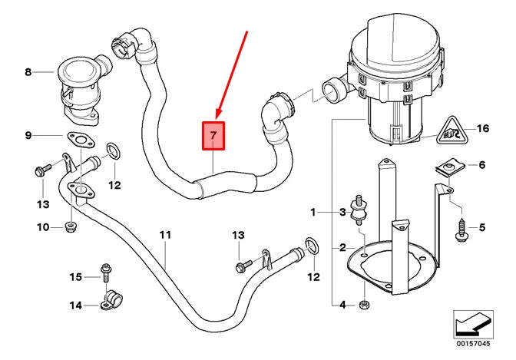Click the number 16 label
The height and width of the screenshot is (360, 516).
click(x=482, y=129)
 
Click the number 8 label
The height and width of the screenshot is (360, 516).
click(x=28, y=73)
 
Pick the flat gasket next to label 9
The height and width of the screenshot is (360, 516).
click(x=77, y=141)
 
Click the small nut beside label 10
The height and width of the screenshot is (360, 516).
click(x=71, y=226)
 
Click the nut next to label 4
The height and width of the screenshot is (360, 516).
click(x=365, y=305)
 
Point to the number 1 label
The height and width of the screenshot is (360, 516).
click(x=313, y=211)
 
